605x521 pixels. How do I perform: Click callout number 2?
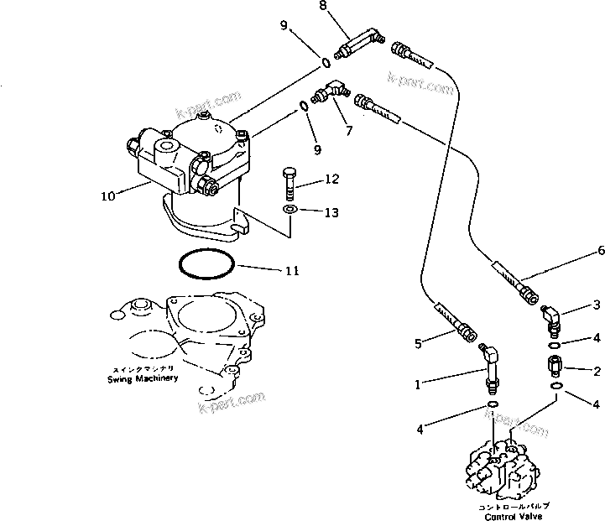pyautogui.click(x=597, y=369)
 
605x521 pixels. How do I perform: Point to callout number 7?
pyautogui.click(x=348, y=131)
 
